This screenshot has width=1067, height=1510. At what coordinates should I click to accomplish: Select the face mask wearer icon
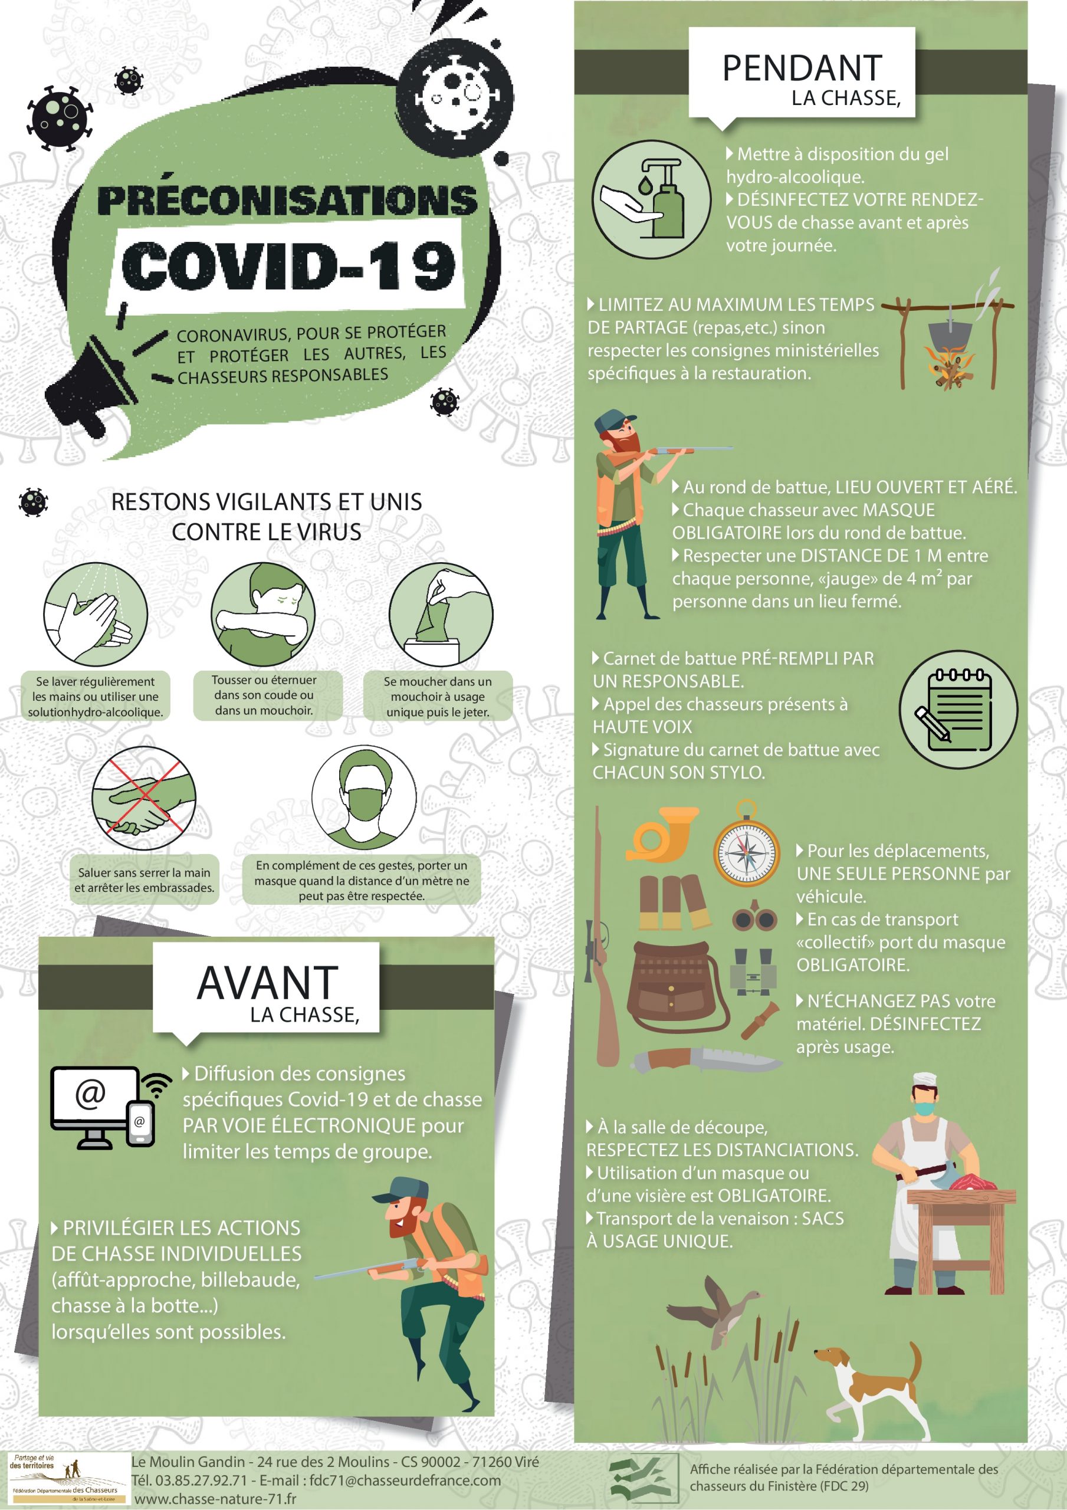[x=363, y=797]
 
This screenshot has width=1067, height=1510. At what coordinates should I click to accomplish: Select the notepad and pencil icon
[x=958, y=710]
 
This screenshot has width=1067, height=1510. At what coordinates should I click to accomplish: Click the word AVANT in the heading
[x=267, y=983]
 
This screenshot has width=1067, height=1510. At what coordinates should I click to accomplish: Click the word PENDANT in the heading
[x=802, y=68]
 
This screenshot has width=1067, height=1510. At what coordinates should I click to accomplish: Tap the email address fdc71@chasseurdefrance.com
[x=405, y=1480]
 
